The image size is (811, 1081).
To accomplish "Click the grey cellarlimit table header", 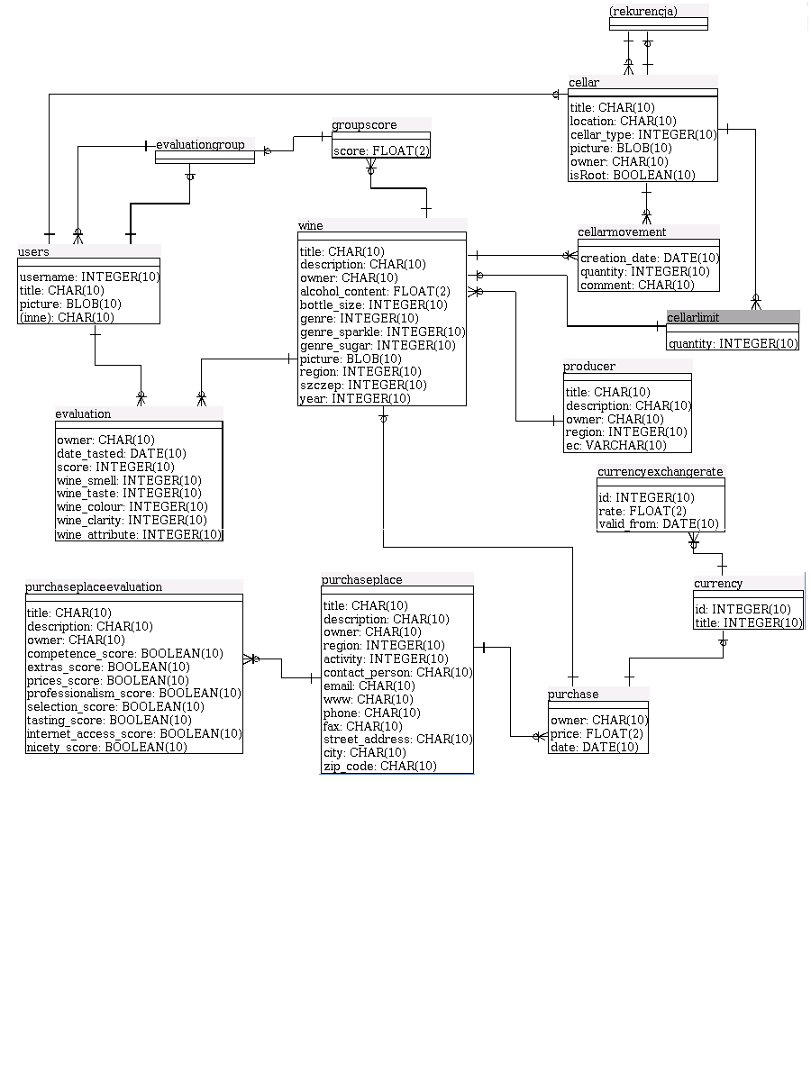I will pos(732,317).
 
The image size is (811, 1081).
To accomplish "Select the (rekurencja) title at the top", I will pos(643,11).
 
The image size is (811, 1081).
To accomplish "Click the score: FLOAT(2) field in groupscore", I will pos(381,150).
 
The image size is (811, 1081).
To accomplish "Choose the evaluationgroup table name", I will pos(200,144).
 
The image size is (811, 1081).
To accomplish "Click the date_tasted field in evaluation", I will pos(122,453).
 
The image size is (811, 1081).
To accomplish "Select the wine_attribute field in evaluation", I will pos(139,534).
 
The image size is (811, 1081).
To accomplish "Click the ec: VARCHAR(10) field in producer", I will pos(616,445).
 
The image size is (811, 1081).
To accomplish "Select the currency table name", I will pos(718,584).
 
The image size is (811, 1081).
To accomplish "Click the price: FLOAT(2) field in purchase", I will pos(597,734).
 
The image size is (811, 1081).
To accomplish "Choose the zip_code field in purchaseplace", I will pos(380,766).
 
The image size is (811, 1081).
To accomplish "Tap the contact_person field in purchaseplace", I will pos(397,672).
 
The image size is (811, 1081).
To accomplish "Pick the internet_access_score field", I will pos(134,733).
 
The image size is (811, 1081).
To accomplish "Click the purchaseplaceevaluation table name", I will pos(94,586).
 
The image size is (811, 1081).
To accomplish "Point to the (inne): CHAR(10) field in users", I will pos(67,317).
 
